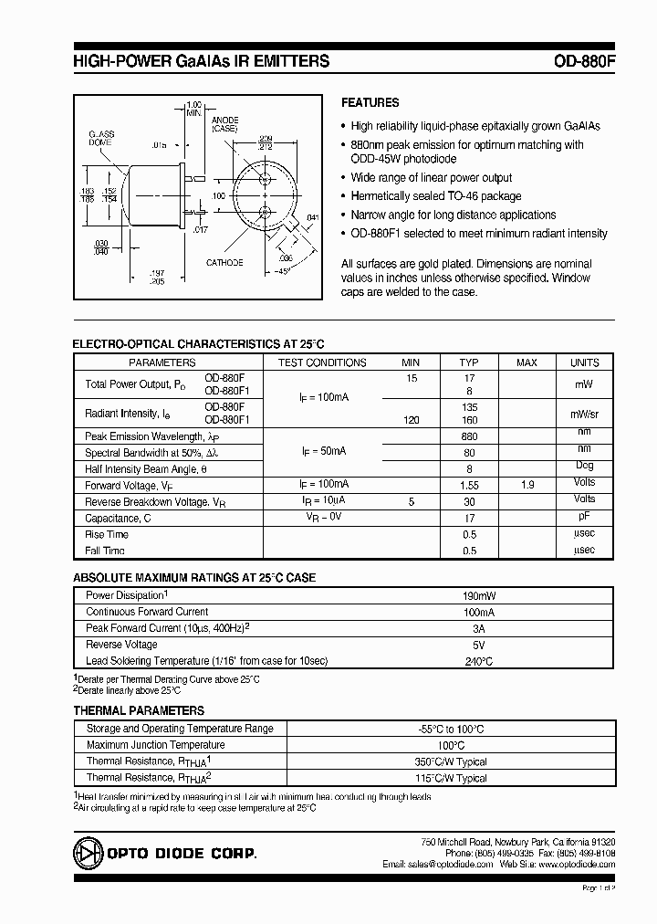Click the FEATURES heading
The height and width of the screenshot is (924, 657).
[x=370, y=103]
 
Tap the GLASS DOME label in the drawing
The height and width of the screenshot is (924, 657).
[x=101, y=138]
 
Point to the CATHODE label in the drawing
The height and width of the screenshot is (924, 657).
[x=224, y=263]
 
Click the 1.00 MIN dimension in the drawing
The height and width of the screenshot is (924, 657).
[x=193, y=108]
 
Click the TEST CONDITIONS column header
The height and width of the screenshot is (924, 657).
[x=322, y=362]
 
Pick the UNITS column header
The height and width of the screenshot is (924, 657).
[x=584, y=362]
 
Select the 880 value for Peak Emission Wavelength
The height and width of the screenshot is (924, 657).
[x=469, y=436]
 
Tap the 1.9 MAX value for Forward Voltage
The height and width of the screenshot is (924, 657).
[x=527, y=485]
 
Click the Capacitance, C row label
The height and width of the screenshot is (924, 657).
[x=118, y=518]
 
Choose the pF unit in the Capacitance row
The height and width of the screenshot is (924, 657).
[x=584, y=517]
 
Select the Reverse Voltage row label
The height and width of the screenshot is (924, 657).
[x=121, y=645]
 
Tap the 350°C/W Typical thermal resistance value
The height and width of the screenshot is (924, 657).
[x=477, y=761]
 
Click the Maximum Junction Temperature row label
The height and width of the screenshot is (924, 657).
[x=155, y=745]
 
